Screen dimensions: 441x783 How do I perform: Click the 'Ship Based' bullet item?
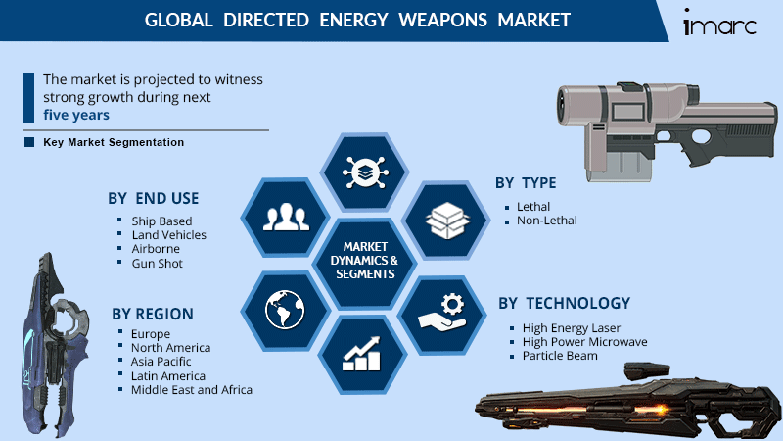161,220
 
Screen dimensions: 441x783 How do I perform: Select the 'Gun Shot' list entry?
157,264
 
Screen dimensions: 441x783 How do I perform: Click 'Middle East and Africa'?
191,389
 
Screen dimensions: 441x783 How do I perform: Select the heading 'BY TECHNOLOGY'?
564,303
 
